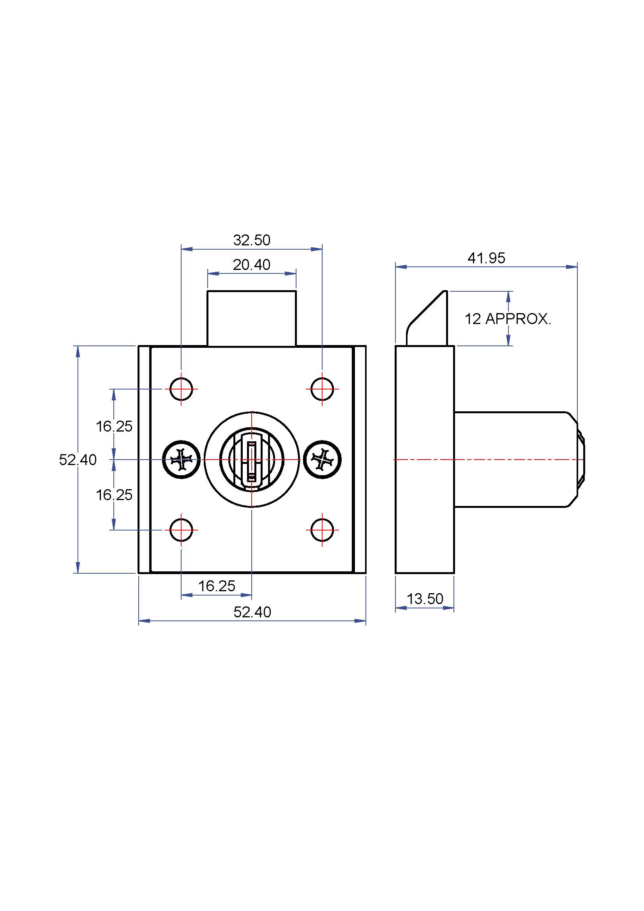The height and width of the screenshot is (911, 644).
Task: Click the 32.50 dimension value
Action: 252,240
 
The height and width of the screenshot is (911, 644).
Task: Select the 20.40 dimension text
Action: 252,264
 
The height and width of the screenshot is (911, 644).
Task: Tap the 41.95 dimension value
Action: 486,258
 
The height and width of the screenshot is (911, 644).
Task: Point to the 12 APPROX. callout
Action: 508,319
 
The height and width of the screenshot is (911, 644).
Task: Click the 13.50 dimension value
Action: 425,599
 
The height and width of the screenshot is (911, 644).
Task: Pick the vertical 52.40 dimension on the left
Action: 78,460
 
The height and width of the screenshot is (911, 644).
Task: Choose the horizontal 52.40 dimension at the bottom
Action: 252,612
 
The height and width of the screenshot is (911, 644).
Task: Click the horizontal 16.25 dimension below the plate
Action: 217,586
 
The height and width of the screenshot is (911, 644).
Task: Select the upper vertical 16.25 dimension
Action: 114,426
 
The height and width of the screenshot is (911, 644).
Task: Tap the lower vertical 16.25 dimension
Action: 114,495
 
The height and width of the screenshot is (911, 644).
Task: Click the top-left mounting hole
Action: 181,389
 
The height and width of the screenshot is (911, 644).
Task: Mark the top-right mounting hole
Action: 322,389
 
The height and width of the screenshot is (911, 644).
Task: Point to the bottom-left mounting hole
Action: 181,530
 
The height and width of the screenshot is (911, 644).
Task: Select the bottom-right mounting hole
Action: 322,530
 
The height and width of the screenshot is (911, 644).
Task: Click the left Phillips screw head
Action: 181,460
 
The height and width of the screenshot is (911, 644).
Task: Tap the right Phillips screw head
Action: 322,460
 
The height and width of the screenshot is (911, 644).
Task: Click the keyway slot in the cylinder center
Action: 252,462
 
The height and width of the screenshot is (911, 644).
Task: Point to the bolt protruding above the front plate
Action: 252,318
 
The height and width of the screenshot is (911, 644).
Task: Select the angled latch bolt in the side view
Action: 427,318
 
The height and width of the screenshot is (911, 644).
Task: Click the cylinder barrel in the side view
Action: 519,460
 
